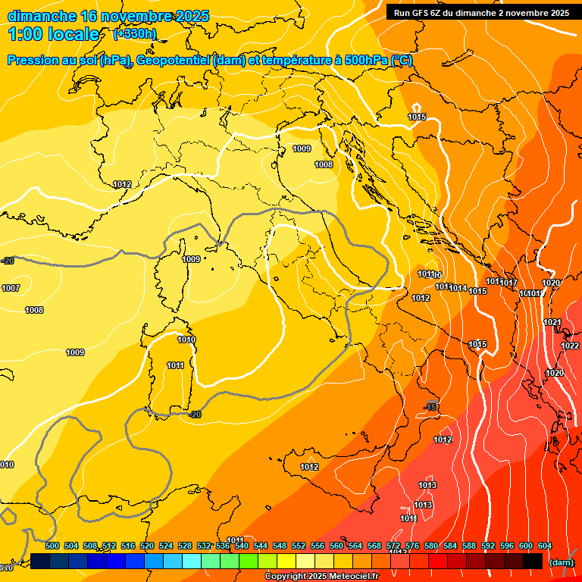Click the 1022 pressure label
[570, 346]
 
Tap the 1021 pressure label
[552, 323]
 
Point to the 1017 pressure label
[508, 283]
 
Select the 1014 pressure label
[458, 288]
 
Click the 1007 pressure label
[11, 288]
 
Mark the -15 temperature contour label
[431, 408]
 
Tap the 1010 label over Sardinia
[186, 339]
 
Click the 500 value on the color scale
[52, 546]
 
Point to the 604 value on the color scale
[545, 546]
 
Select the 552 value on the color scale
[299, 546]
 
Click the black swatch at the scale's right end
[533, 562]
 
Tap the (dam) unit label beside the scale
[561, 562]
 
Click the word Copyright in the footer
[284, 577]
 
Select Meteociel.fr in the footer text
[353, 577]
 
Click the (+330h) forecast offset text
[134, 34]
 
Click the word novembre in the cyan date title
[137, 16]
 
